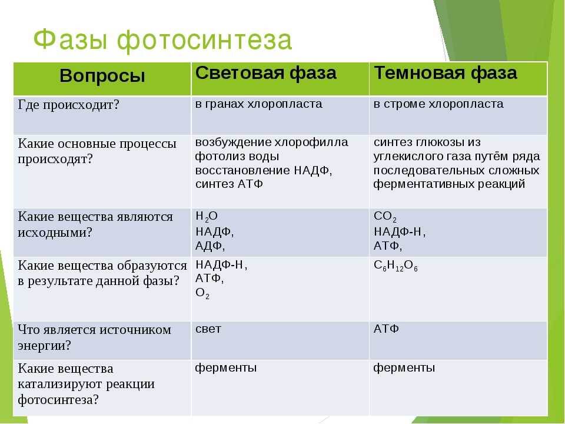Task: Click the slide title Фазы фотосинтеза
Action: pyautogui.click(x=162, y=40)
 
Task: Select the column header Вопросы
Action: pyautogui.click(x=102, y=76)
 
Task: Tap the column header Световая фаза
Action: pyautogui.click(x=266, y=73)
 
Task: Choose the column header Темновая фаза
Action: pyautogui.click(x=446, y=73)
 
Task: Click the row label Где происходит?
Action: pyautogui.click(x=69, y=105)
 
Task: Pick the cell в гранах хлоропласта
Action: pyautogui.click(x=259, y=104)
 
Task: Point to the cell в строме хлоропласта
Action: pyautogui.click(x=438, y=104)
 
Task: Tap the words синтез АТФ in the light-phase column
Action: pyautogui.click(x=229, y=184)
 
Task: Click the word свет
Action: pyautogui.click(x=208, y=329)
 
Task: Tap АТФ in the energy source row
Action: pyautogui.click(x=386, y=329)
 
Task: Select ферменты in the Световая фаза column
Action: pyautogui.click(x=226, y=368)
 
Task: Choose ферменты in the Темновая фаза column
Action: pyautogui.click(x=404, y=368)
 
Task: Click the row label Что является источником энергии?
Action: pyautogui.click(x=94, y=337)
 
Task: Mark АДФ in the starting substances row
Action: pyautogui.click(x=210, y=244)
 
